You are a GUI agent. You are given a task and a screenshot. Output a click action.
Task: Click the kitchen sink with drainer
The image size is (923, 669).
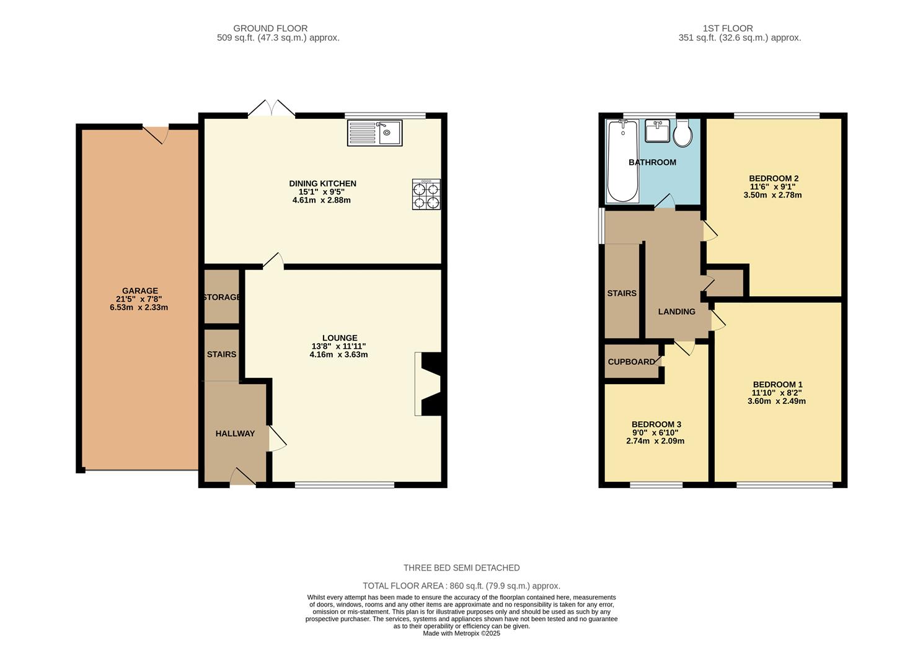375,133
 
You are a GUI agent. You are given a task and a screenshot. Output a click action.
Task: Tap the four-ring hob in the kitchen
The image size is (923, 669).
426,195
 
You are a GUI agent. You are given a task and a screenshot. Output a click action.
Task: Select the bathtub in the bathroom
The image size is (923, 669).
623,162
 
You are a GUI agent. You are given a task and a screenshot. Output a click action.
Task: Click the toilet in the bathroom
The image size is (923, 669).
683,133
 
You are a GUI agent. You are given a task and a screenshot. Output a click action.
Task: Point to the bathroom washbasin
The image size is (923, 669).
657,131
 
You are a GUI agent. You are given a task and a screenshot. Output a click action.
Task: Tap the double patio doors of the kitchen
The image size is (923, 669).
272,108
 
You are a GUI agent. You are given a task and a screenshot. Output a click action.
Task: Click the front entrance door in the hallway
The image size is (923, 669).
243,477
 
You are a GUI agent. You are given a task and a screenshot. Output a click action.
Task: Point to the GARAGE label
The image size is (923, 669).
140,291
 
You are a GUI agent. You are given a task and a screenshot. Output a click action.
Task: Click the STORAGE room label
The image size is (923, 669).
222,297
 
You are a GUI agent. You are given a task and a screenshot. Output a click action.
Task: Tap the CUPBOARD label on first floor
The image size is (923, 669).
631,362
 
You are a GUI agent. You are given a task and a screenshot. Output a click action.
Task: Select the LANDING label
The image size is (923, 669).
676,312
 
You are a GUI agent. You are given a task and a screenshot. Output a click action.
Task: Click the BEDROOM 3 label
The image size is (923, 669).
655,424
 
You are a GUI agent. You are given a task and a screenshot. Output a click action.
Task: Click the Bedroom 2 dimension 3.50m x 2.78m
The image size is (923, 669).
772,195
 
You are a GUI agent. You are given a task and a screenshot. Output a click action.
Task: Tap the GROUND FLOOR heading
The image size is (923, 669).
270,28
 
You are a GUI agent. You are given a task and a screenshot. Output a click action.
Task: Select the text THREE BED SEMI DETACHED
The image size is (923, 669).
461,568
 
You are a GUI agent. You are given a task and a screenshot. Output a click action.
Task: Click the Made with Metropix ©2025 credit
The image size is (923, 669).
461,634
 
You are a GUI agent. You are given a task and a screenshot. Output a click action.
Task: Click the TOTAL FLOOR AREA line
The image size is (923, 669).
461,586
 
